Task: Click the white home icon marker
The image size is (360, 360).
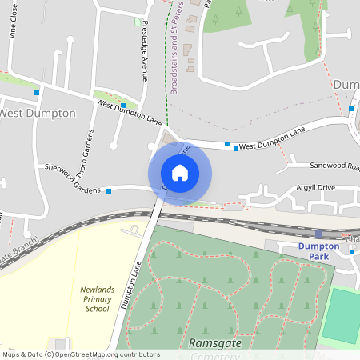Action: click(x=180, y=173)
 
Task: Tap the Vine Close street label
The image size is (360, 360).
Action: click(x=14, y=25)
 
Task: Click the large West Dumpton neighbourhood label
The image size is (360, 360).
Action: click(x=38, y=113)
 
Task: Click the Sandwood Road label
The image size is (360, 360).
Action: click(x=334, y=166)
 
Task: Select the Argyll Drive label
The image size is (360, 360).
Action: click(x=315, y=187)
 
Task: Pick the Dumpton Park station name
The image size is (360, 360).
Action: click(x=319, y=247)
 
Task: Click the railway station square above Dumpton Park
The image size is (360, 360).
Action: click(x=318, y=234)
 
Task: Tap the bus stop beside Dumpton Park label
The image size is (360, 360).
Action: click(x=351, y=251)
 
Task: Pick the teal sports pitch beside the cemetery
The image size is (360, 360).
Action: click(x=341, y=316)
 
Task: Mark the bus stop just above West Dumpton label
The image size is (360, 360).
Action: click(x=37, y=93)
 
